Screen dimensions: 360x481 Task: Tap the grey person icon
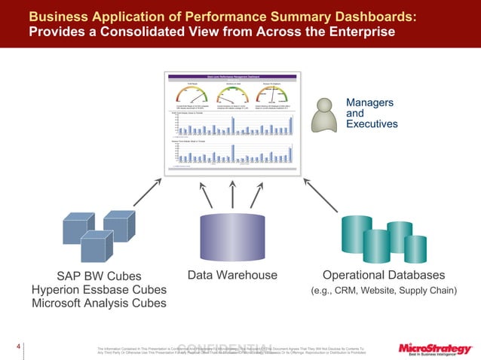(x=324, y=114)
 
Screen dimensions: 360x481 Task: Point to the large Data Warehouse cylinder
(x=233, y=235)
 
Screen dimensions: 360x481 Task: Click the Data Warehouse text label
(x=232, y=275)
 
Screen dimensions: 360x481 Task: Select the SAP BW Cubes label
(x=99, y=275)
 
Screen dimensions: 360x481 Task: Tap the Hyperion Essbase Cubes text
(x=99, y=289)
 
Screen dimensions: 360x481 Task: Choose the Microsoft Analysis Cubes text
(x=99, y=304)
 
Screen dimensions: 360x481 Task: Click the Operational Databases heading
(x=384, y=275)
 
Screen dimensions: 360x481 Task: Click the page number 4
(x=17, y=347)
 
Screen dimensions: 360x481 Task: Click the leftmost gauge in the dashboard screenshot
(x=188, y=95)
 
